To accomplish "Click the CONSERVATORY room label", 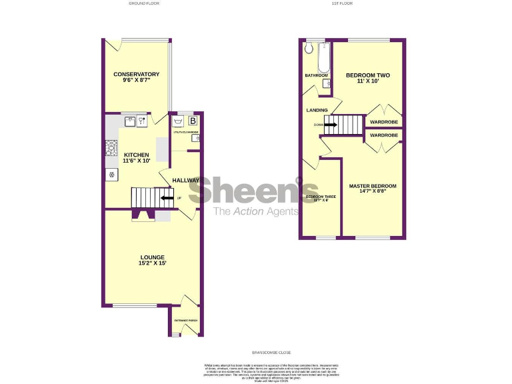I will pos(136,74).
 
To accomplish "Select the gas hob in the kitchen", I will pos(111,147).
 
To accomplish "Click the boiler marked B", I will pos(193,121).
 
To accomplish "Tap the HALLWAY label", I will pos(185,181).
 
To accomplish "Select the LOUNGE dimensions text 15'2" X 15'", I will pos(153,263).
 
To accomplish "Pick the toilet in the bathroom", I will pos(309,49).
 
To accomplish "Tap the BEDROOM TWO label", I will pos(367,75).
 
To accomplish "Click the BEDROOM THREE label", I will pos(321,197).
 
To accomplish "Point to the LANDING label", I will pos(317,110).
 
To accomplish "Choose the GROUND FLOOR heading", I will pos(145,3).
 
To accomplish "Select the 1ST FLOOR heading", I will pos(341,3).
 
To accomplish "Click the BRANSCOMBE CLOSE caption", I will pos(271,352).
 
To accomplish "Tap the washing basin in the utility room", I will pos(177,122).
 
